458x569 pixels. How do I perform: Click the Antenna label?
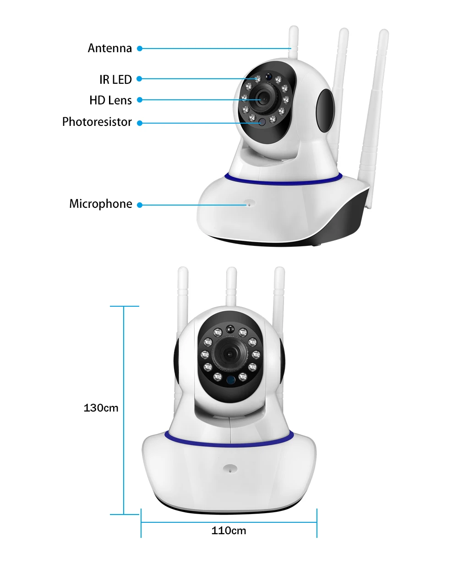(109, 48)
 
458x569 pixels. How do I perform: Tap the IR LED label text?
(115, 80)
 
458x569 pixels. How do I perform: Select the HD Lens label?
(110, 100)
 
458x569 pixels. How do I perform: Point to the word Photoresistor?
(97, 122)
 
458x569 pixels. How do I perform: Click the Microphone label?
(100, 204)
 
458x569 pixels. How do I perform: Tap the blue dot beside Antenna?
(140, 49)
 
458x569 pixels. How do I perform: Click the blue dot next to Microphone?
(140, 205)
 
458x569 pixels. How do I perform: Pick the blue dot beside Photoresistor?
(140, 123)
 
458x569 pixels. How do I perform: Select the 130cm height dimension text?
(101, 408)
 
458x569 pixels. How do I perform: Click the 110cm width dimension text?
(229, 531)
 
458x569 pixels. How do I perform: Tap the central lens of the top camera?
(264, 98)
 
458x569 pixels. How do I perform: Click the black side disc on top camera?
(325, 110)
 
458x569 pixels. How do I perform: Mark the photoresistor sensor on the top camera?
(262, 122)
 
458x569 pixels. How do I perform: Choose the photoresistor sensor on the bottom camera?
(231, 380)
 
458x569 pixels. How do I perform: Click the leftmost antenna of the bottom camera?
(183, 298)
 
